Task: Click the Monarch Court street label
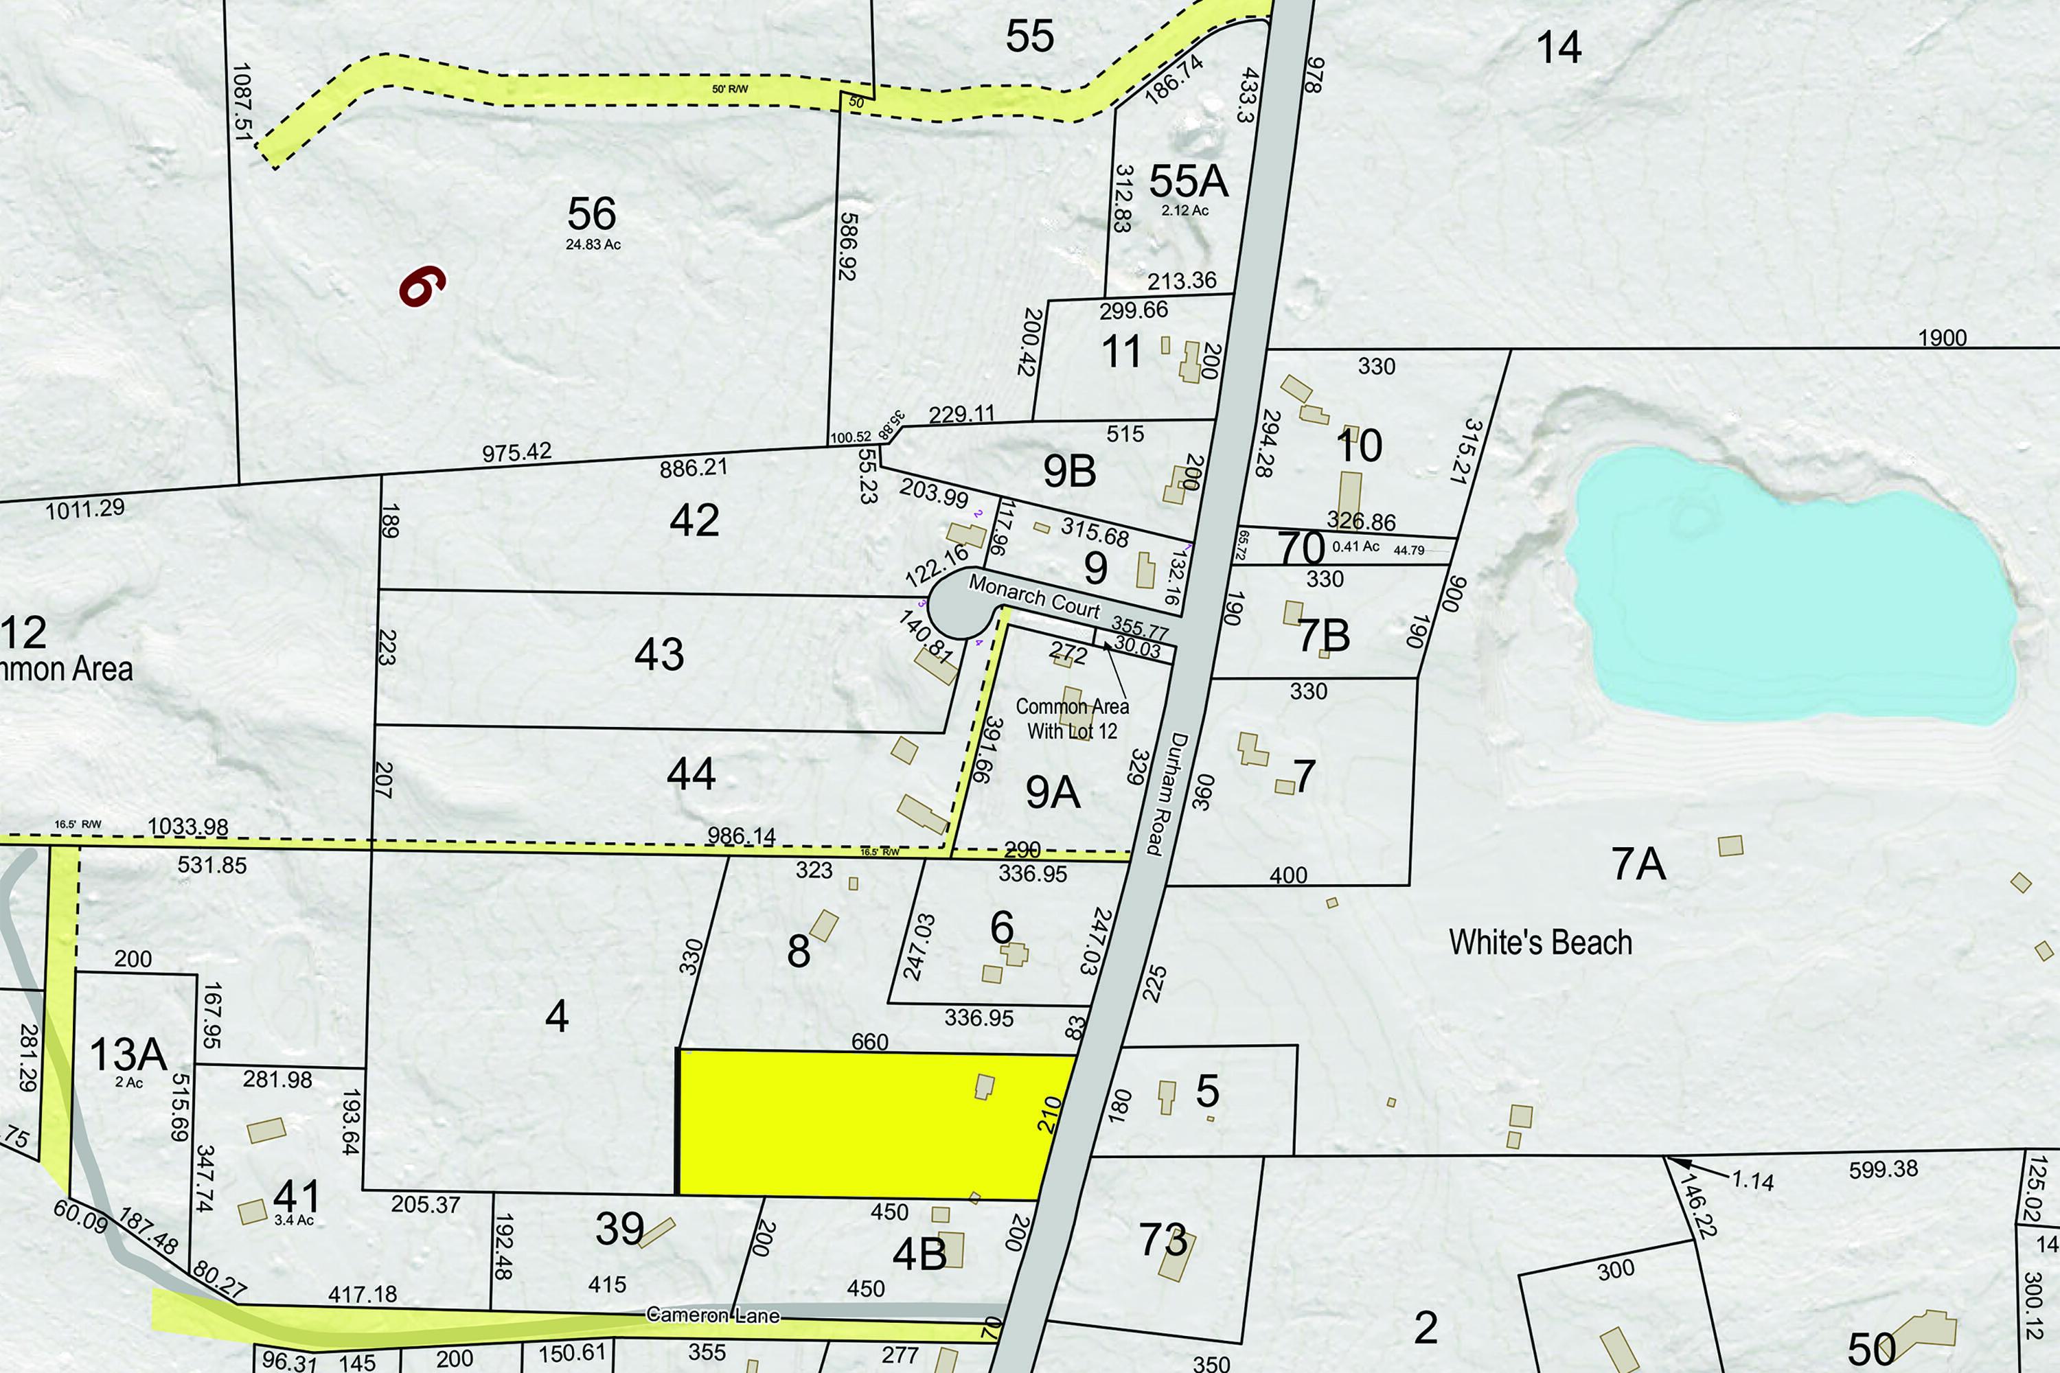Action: (x=1033, y=597)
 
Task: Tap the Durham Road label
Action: (x=1167, y=794)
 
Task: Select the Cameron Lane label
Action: (x=712, y=1315)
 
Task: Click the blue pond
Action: (x=1787, y=587)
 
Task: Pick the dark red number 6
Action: (x=422, y=286)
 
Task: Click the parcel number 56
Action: (x=592, y=214)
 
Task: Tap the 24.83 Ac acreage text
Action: (x=593, y=244)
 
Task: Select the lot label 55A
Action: (x=1188, y=181)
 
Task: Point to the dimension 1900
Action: (x=1942, y=338)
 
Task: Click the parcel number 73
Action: (x=1163, y=1240)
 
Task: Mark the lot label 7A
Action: (x=1638, y=864)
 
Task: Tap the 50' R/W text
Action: (x=729, y=89)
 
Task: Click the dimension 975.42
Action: (x=517, y=452)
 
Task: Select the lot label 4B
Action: (x=919, y=1255)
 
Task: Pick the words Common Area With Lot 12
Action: (x=1072, y=718)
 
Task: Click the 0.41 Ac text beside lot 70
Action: (x=1355, y=546)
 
